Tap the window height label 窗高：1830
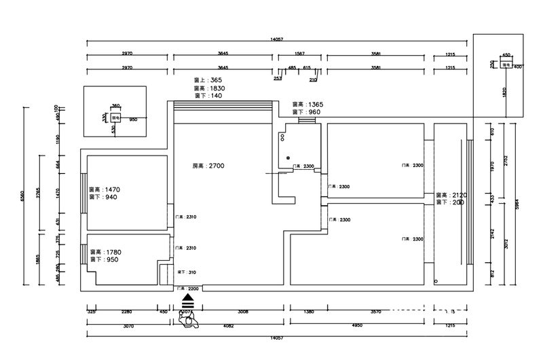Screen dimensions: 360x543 [x=209, y=88]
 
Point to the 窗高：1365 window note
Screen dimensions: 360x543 [x=307, y=104]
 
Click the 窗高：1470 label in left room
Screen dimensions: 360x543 [x=105, y=190]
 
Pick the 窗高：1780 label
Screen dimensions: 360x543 [x=105, y=252]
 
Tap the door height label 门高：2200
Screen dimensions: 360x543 [x=188, y=289]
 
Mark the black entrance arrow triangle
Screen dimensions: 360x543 [x=188, y=298]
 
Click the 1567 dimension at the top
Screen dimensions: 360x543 [x=302, y=53]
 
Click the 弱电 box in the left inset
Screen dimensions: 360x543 [x=116, y=117]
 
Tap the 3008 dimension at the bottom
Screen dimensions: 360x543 [x=242, y=312]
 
